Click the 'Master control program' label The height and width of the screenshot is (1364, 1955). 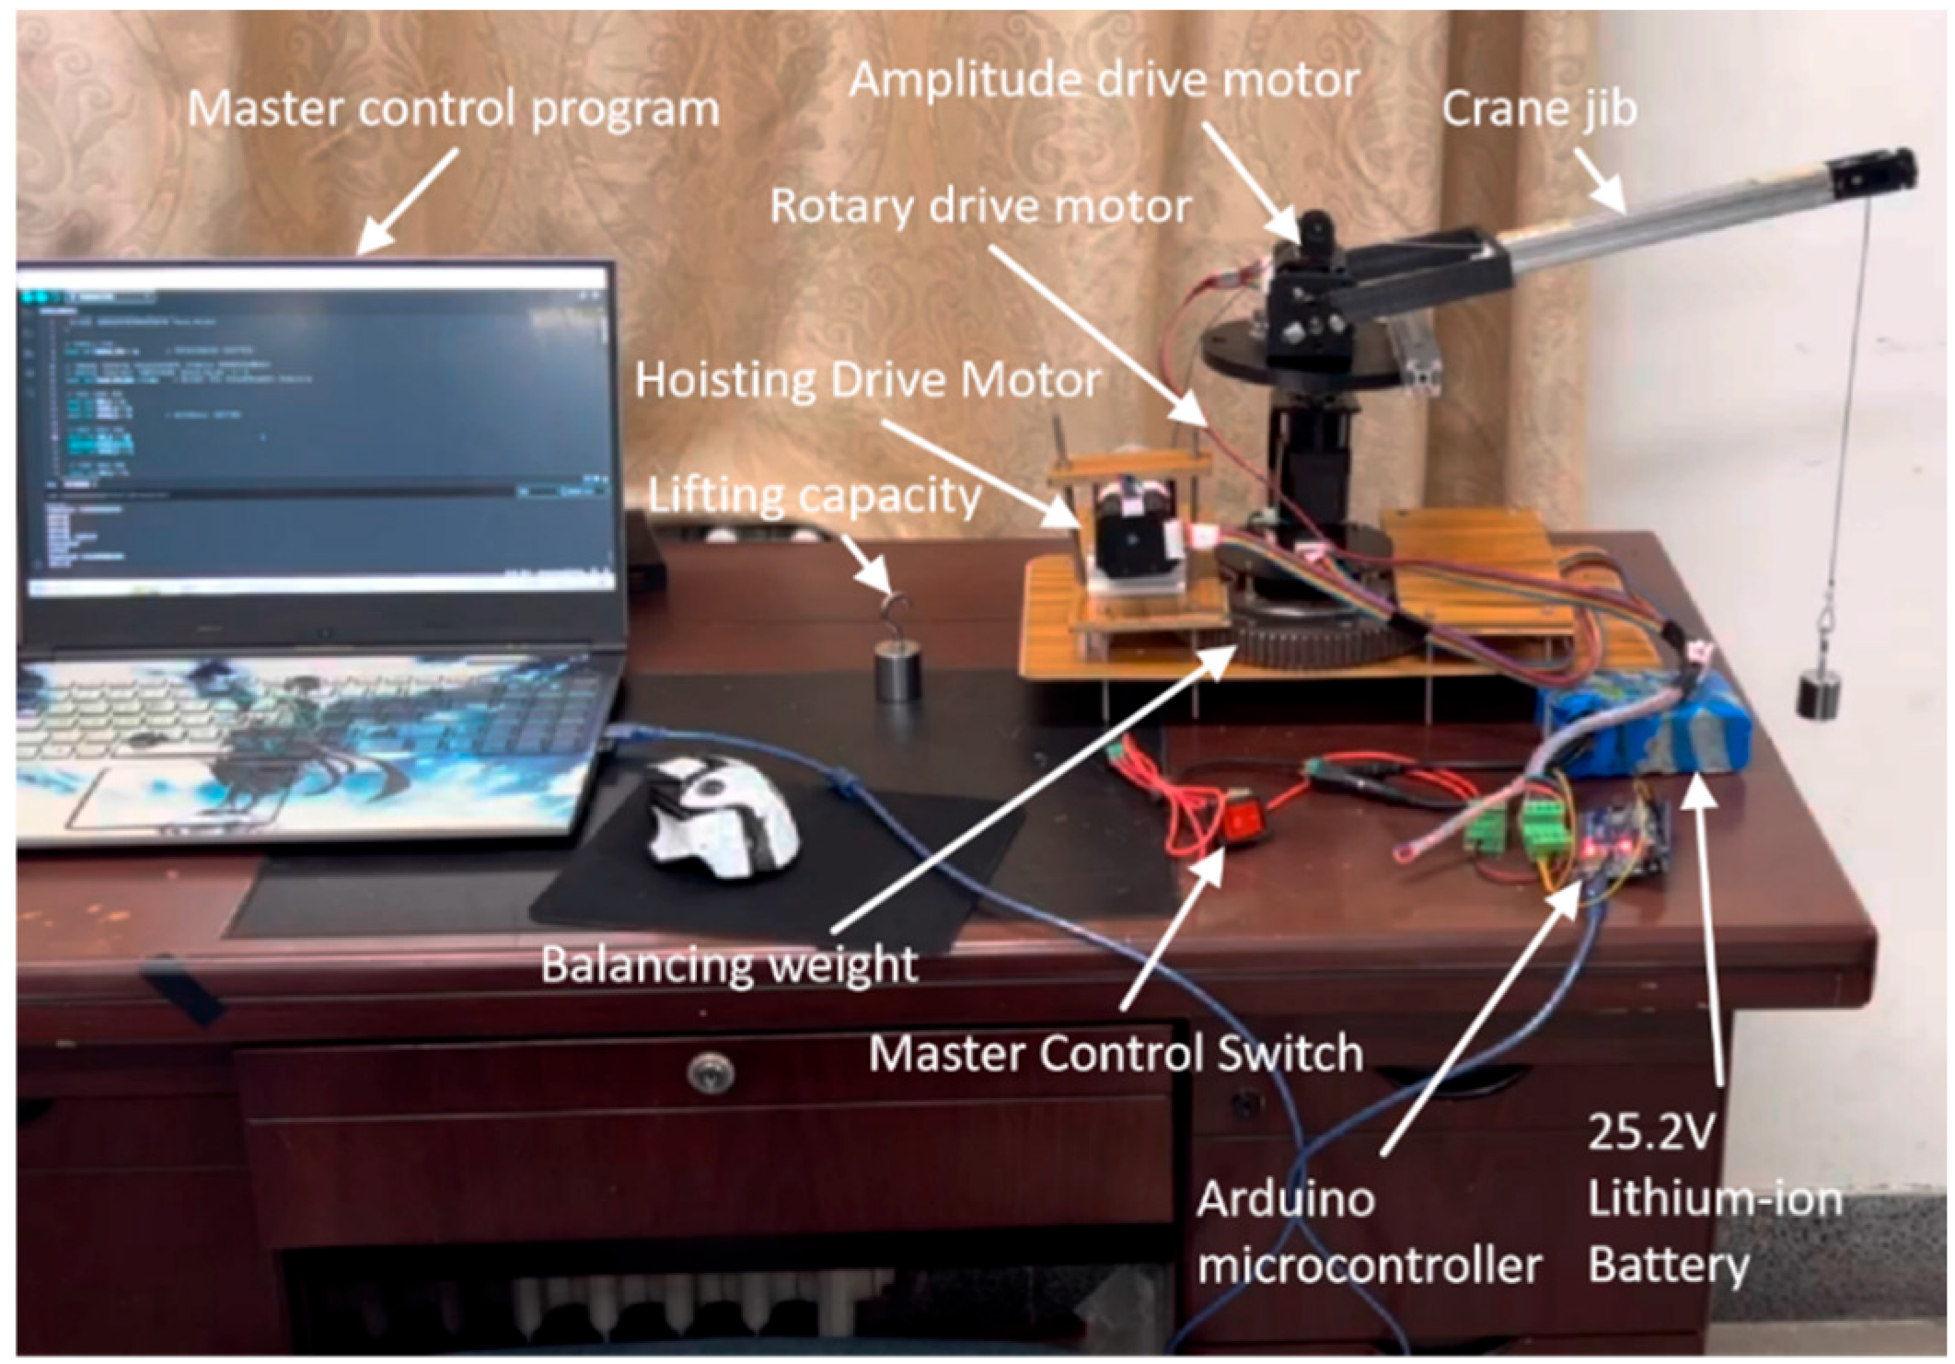coord(453,110)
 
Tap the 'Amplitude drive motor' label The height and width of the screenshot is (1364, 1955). coord(1104,80)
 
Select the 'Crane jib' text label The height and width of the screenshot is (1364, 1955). coord(1539,110)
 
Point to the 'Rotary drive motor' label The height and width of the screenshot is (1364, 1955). coord(980,206)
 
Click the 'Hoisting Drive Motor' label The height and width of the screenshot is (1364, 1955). coord(868,380)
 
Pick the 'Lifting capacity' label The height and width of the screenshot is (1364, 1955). coord(815,496)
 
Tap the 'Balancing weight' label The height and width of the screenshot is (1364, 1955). coord(729,965)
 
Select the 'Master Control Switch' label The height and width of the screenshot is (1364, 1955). coord(1116,1053)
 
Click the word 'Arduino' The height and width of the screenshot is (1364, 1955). coord(1286,1200)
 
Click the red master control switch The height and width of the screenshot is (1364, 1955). coord(1242,819)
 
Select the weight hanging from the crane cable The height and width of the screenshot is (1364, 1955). coord(1819,693)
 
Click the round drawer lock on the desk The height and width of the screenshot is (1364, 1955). coord(711,1071)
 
